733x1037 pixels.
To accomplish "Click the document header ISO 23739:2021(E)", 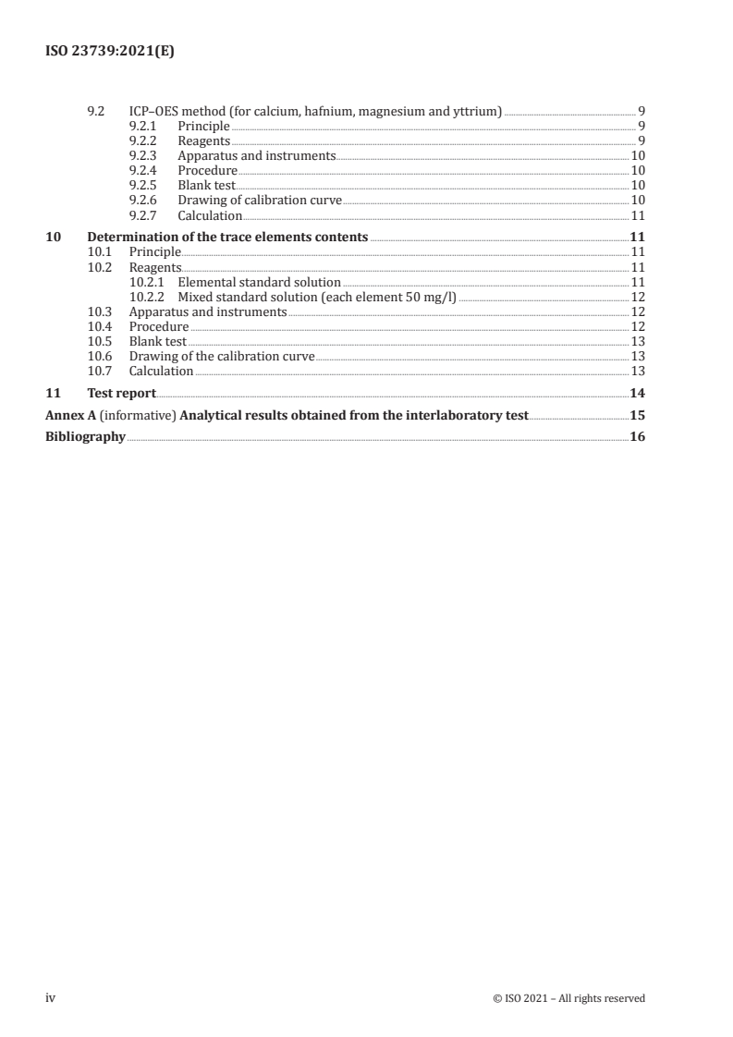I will click(110, 53).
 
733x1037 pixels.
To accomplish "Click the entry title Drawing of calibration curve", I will click(260, 201).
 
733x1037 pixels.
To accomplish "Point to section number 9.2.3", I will click(142, 156).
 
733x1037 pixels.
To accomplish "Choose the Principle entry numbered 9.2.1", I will click(203, 127).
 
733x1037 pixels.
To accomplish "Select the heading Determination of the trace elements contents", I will click(227, 238).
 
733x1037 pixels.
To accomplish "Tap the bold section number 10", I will click(54, 238).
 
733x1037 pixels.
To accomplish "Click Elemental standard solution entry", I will click(259, 282).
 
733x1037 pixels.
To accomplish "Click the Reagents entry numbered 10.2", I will click(155, 267).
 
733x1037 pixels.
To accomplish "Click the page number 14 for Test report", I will click(637, 393).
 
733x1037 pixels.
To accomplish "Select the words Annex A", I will click(66, 415).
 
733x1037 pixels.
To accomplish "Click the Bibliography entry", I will click(85, 437).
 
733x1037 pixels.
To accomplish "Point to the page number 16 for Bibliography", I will click(637, 437).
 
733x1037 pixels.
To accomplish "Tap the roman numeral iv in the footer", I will click(52, 998).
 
